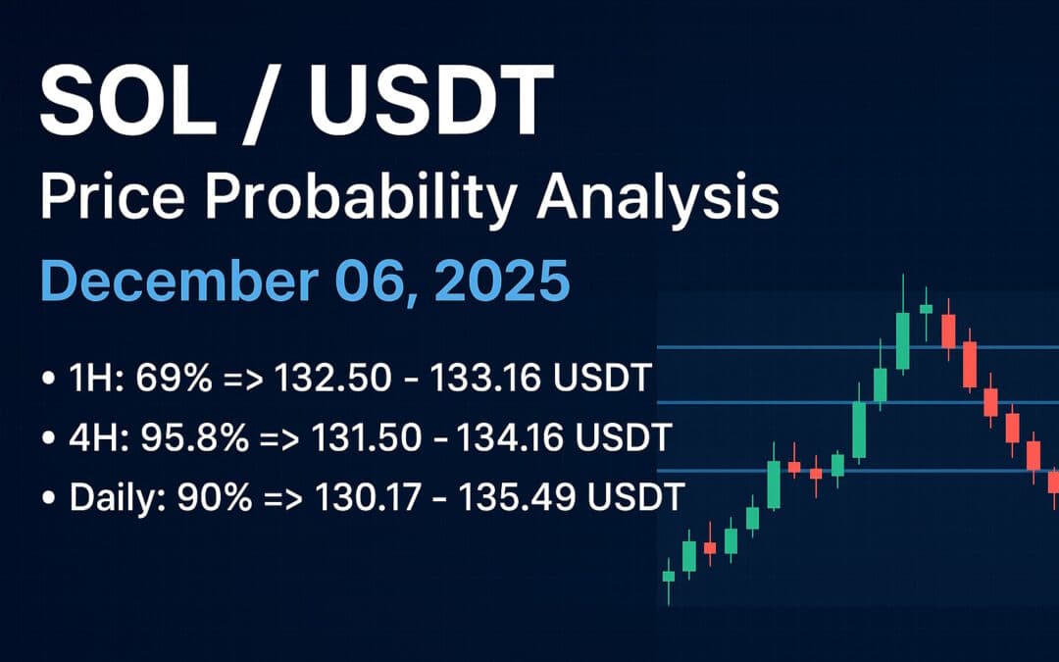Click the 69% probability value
pos(185,377)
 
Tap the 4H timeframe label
pos(89,437)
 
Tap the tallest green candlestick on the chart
pos(902,340)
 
